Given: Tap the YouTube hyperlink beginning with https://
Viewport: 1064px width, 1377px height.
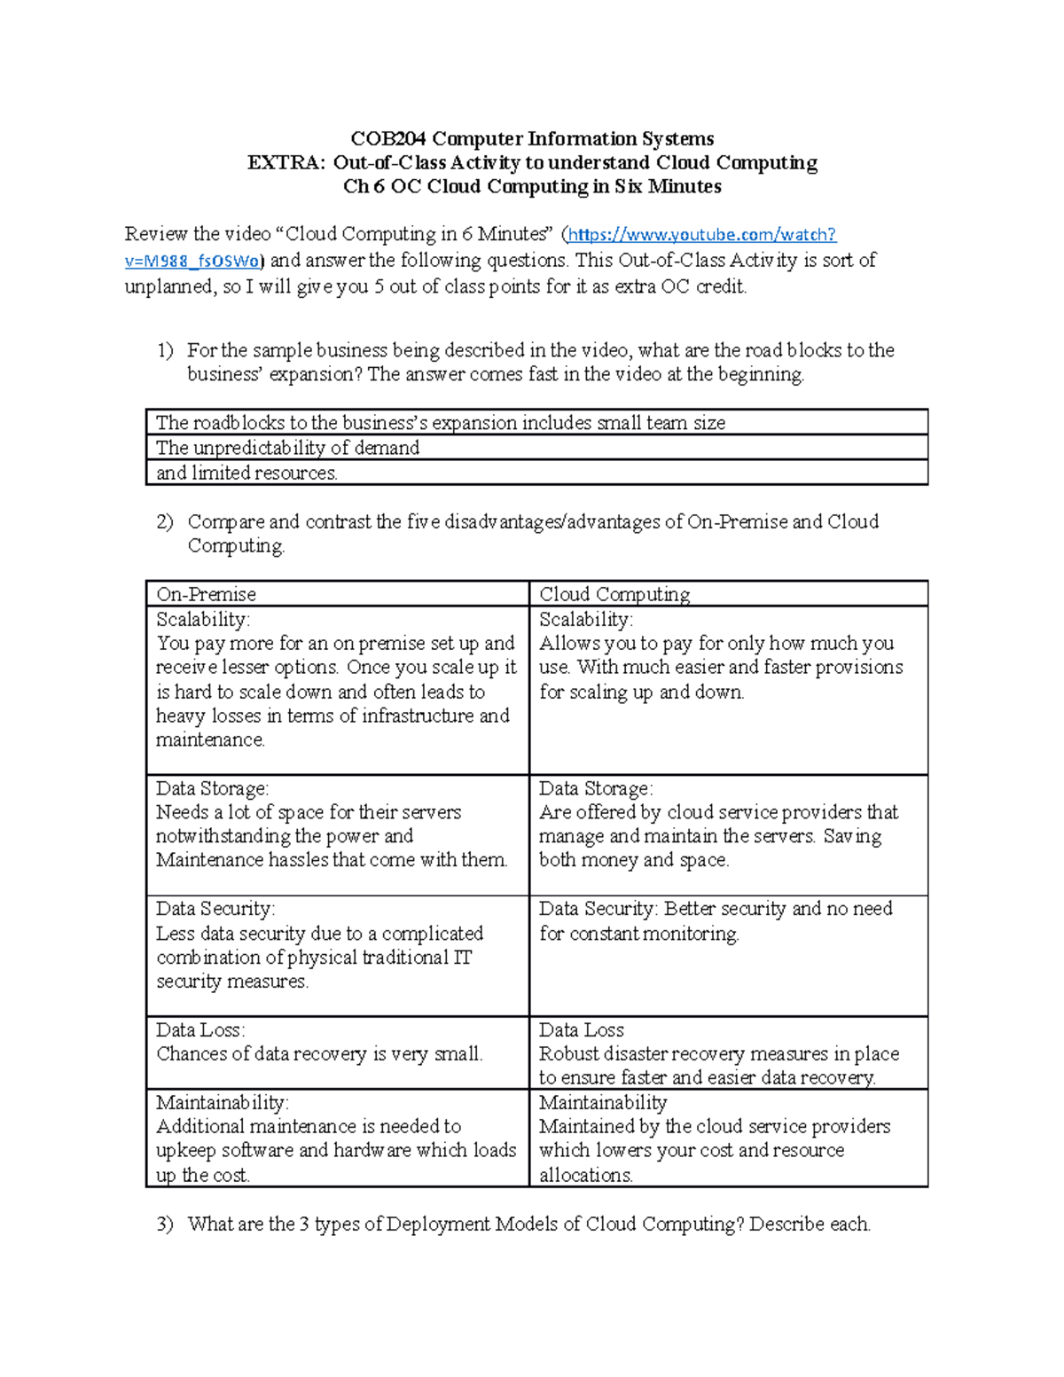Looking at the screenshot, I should [x=701, y=235].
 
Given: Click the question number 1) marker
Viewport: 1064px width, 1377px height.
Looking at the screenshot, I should [x=165, y=351].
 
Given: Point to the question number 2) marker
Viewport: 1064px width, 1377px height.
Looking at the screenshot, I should [x=165, y=522].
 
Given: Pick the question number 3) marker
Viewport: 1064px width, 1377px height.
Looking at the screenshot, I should [x=165, y=1224].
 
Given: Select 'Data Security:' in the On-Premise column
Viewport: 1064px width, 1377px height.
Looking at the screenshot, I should [x=215, y=909].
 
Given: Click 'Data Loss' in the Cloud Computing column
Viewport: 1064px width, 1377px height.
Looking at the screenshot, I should [x=581, y=1030].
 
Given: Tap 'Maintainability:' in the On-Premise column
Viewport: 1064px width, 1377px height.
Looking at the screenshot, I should [x=222, y=1103].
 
